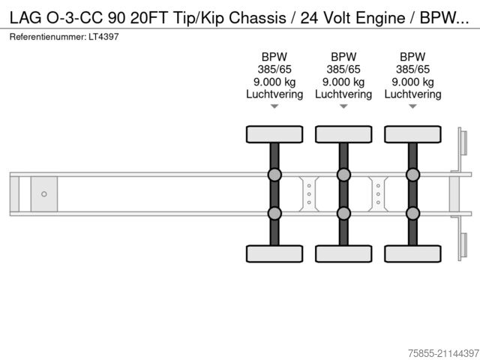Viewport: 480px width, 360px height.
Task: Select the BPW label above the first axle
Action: (x=274, y=57)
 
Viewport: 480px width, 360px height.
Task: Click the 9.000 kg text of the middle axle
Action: (x=343, y=82)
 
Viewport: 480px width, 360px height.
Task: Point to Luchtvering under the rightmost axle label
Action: (x=412, y=94)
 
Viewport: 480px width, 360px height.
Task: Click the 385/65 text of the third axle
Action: (x=412, y=70)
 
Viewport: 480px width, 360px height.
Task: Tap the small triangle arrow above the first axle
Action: (x=274, y=107)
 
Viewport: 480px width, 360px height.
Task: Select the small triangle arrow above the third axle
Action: (x=412, y=107)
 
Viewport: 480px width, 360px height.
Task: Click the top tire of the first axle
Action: (x=274, y=134)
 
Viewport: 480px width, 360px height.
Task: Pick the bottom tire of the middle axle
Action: (x=343, y=253)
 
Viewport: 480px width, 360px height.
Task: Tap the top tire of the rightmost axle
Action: (x=412, y=134)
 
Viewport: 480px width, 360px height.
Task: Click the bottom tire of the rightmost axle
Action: (x=412, y=253)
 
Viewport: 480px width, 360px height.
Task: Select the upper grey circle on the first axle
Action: (x=274, y=175)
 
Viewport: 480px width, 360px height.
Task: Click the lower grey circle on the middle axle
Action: (x=343, y=213)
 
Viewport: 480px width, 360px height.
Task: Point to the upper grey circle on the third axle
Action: (x=412, y=175)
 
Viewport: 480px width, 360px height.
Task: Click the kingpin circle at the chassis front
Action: (x=44, y=194)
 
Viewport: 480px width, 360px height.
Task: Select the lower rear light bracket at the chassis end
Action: (x=463, y=246)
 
